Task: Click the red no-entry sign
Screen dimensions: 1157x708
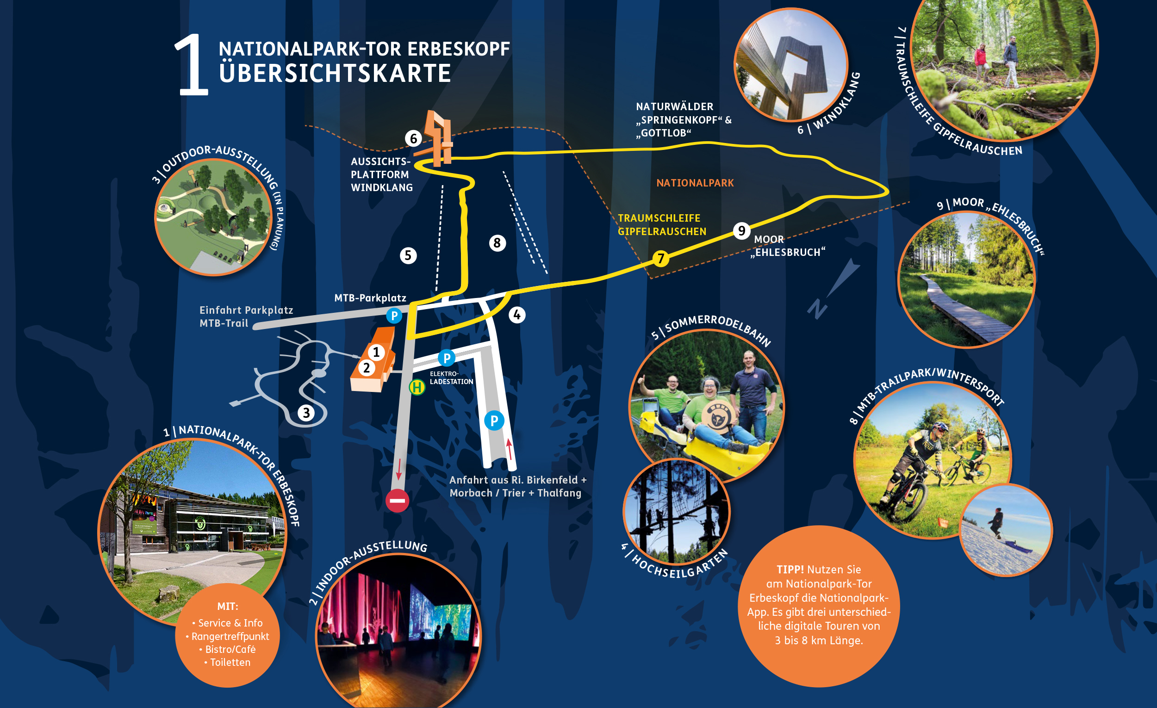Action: pyautogui.click(x=397, y=501)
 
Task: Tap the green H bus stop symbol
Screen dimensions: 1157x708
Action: pyautogui.click(x=417, y=387)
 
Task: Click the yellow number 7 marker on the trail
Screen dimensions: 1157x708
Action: pyautogui.click(x=661, y=258)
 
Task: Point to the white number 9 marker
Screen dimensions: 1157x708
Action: pyautogui.click(x=741, y=230)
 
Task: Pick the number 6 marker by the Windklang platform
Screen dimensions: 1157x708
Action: pyautogui.click(x=414, y=138)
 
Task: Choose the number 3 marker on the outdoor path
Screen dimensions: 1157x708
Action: pyautogui.click(x=306, y=413)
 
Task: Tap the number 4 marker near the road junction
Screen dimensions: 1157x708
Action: pyautogui.click(x=517, y=315)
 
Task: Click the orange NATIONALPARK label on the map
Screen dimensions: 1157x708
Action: pyautogui.click(x=695, y=183)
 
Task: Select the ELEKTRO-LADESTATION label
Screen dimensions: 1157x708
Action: pyautogui.click(x=451, y=378)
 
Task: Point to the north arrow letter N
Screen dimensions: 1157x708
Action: pyautogui.click(x=817, y=309)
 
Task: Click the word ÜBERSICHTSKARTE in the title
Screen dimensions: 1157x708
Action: pyautogui.click(x=335, y=73)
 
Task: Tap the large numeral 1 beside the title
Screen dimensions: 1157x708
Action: pyautogui.click(x=191, y=65)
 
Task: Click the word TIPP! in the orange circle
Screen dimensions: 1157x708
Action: pyautogui.click(x=790, y=570)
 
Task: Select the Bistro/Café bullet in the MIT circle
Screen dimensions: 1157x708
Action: pyautogui.click(x=227, y=649)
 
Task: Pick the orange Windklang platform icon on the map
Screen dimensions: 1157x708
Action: pyautogui.click(x=439, y=138)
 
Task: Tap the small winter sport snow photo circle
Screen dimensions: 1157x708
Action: pyautogui.click(x=1005, y=530)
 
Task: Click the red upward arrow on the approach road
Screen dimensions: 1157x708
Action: pyautogui.click(x=510, y=449)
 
